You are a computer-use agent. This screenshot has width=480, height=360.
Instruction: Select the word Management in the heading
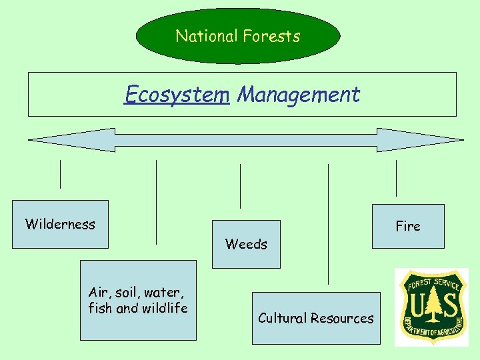click(x=299, y=95)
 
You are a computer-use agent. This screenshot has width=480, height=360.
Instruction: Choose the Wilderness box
click(x=60, y=224)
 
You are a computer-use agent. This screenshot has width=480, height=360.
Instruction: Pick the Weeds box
click(x=246, y=244)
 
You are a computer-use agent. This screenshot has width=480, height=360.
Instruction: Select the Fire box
click(x=407, y=226)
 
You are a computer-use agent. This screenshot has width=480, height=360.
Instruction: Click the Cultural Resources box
click(x=316, y=318)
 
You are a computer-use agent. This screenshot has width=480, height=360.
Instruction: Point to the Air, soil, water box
click(x=138, y=300)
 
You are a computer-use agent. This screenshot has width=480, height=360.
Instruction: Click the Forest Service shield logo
click(x=431, y=307)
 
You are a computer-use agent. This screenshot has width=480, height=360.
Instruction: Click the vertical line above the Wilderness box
click(x=60, y=175)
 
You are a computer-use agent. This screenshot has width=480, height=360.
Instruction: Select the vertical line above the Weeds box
click(x=240, y=187)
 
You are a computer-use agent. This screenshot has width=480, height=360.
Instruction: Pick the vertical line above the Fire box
click(x=396, y=178)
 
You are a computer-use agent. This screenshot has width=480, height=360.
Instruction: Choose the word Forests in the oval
click(x=271, y=36)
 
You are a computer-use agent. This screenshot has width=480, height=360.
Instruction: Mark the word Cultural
click(x=283, y=318)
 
